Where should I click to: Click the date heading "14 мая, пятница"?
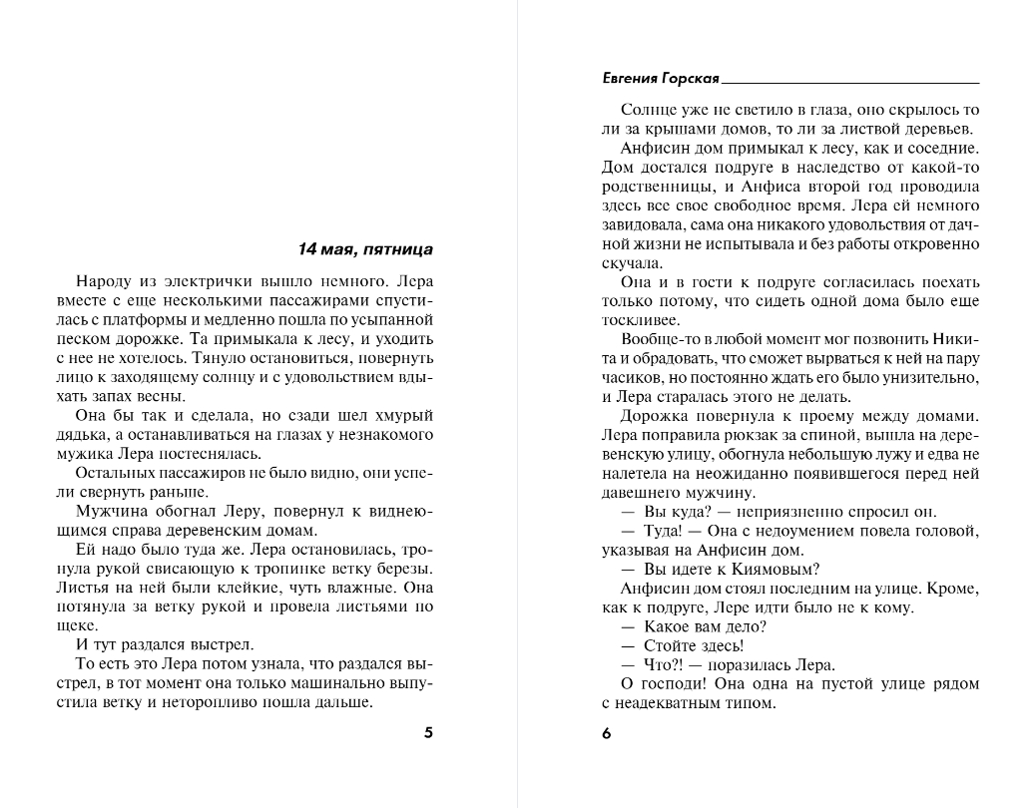click(365, 248)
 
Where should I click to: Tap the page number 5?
click(429, 733)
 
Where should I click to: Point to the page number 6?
click(606, 733)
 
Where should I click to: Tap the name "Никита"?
click(954, 339)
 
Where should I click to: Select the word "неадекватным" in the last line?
click(667, 702)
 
